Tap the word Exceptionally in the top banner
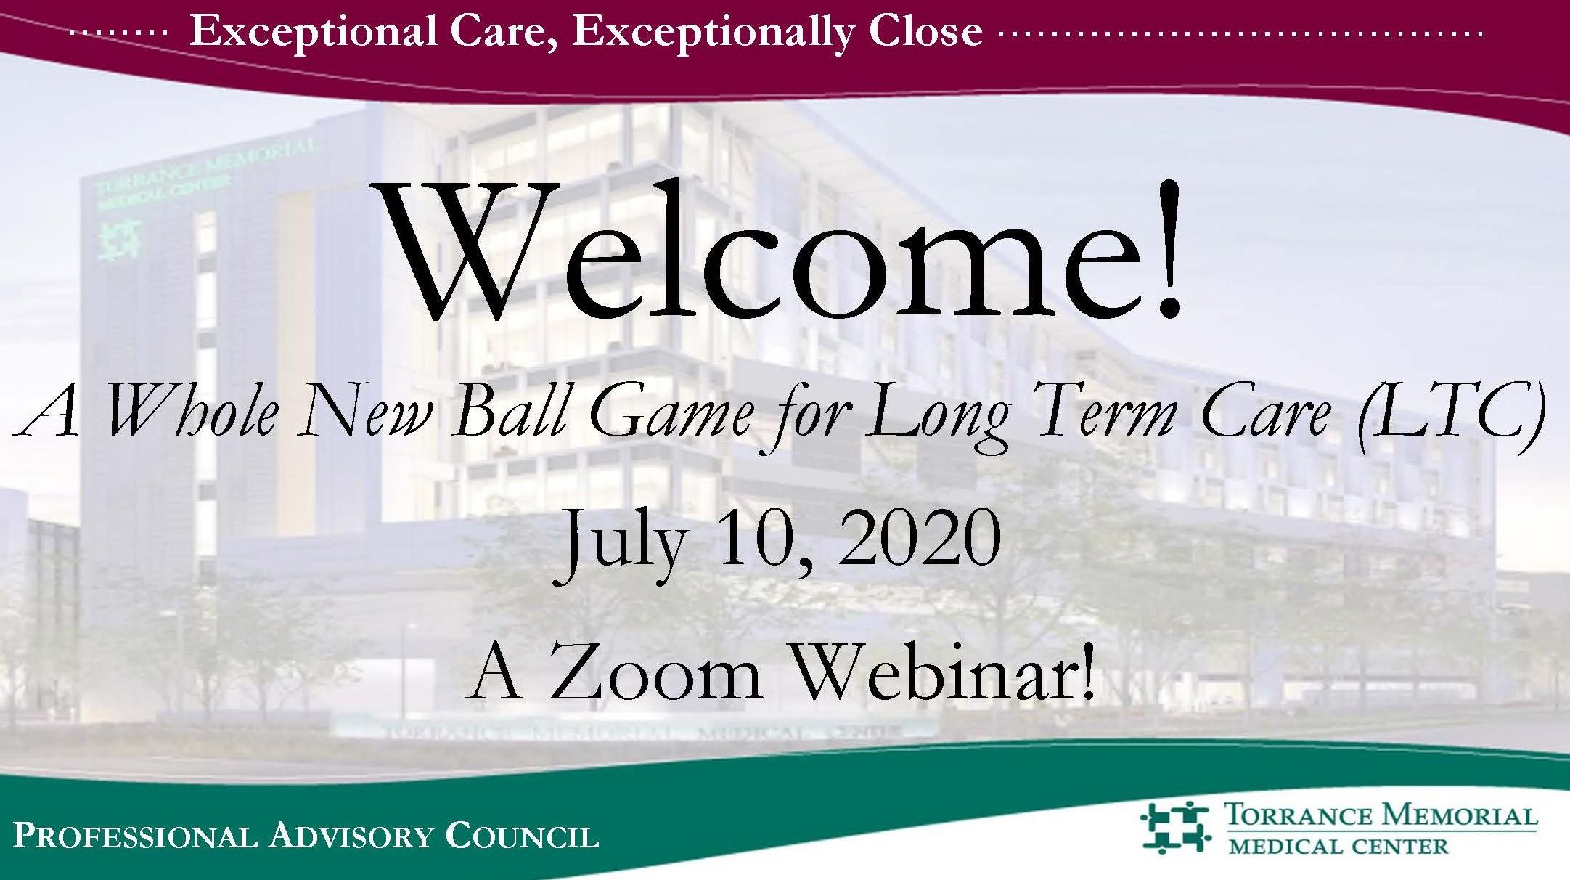point(712,33)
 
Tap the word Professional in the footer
point(135,836)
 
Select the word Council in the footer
point(522,836)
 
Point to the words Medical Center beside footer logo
point(1338,846)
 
